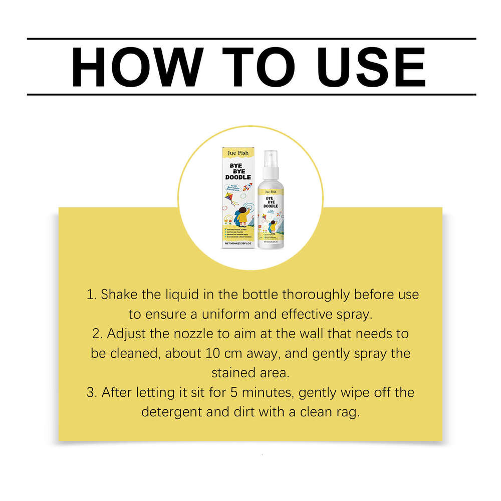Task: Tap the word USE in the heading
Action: [367, 67]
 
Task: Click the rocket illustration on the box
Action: [247, 186]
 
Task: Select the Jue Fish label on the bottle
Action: [271, 190]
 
